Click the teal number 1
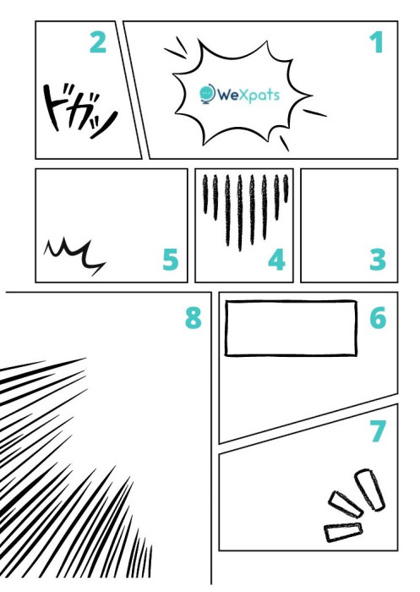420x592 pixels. point(377,42)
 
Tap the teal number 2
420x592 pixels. point(98,42)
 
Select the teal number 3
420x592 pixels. point(378,260)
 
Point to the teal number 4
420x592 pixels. point(276,260)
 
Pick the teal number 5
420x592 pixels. point(171,260)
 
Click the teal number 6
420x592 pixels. point(378,318)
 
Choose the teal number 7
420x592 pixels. point(378,430)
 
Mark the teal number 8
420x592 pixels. point(194,318)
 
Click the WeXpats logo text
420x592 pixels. point(248,95)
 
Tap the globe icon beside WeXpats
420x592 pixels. point(207,94)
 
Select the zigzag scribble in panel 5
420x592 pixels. point(74,255)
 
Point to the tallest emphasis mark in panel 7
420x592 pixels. point(369,490)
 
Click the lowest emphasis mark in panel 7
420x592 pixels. point(343,532)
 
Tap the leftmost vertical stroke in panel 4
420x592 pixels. point(205,195)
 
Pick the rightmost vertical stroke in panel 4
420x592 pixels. point(286,188)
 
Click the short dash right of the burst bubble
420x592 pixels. point(315,112)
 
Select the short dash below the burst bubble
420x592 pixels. point(284,144)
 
